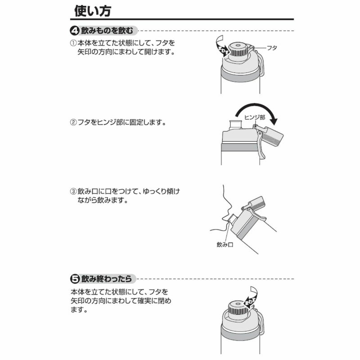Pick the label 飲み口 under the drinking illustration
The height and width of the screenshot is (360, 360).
(223, 245)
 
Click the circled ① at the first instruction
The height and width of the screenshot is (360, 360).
(73, 43)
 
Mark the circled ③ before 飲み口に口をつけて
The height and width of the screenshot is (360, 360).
(73, 191)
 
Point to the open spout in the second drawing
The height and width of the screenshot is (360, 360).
(235, 124)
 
